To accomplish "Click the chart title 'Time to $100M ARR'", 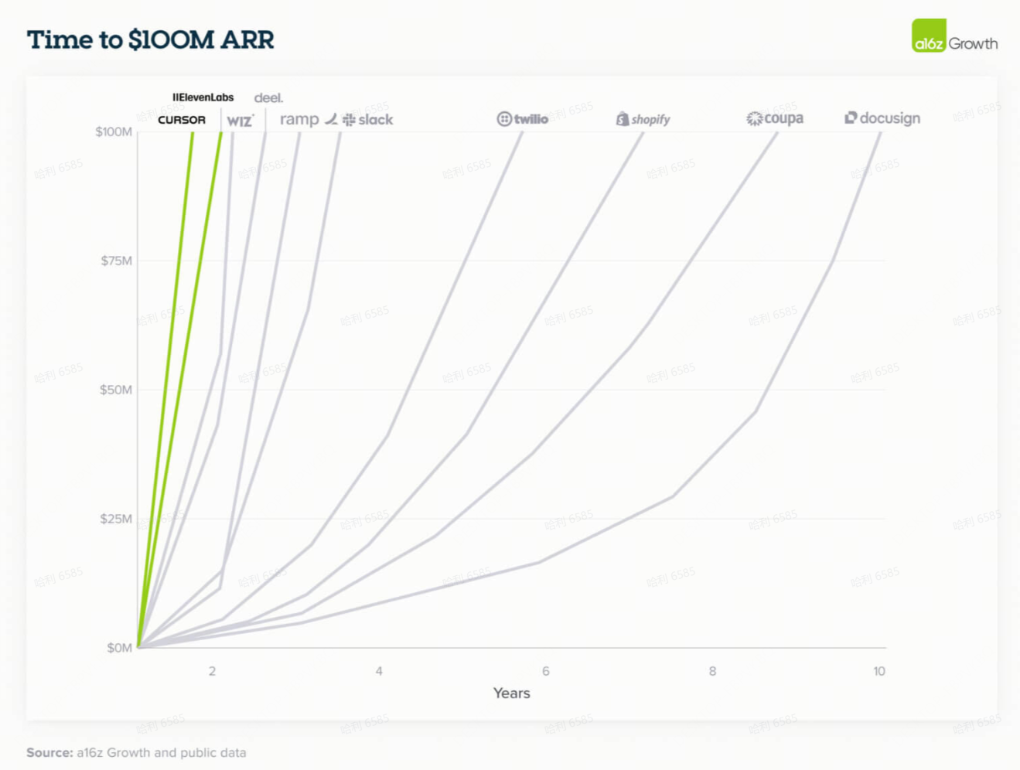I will [150, 40].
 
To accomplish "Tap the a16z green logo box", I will [929, 36].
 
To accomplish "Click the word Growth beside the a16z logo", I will [973, 44].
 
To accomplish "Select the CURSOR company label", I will [182, 120].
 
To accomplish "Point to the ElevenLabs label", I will [203, 97].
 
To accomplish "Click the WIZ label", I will [240, 121].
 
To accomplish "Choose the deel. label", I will [268, 98].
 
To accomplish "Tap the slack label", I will [368, 120].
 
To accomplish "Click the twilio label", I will [523, 119].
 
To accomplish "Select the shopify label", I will [643, 119].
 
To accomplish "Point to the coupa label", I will [775, 118].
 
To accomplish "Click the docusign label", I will [882, 118].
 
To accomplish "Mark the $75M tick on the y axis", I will [116, 261].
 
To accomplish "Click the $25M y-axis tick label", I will [116, 519].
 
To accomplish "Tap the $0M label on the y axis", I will [119, 648].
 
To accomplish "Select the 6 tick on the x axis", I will [546, 671].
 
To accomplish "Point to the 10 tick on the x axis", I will [879, 671].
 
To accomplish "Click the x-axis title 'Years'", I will [512, 693].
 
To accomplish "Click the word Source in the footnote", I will [49, 752].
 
